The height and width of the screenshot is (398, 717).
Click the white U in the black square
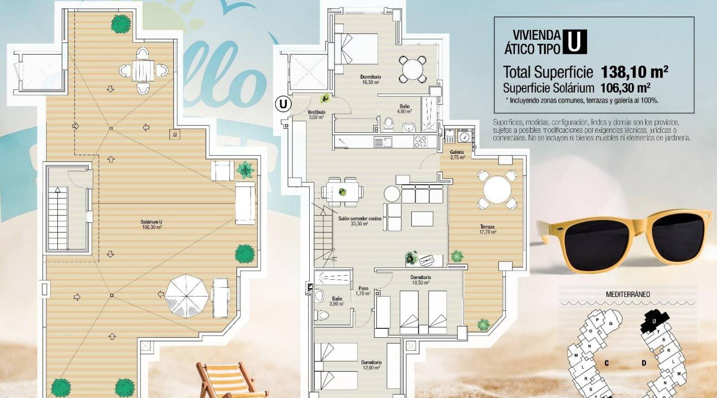click(575, 42)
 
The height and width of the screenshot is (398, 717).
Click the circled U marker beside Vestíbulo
click(283, 104)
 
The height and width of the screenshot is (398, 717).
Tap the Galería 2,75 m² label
click(457, 154)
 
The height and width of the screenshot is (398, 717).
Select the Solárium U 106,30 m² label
click(152, 224)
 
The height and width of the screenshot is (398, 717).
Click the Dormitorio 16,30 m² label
click(370, 80)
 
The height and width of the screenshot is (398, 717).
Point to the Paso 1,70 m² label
click(363, 291)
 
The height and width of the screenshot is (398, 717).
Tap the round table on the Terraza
click(496, 190)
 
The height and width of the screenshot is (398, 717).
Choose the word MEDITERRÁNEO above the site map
click(627, 294)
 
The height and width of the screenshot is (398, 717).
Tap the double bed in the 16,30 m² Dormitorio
click(356, 49)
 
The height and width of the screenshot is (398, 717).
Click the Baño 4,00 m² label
click(404, 108)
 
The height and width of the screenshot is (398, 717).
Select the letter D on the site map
click(644, 363)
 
